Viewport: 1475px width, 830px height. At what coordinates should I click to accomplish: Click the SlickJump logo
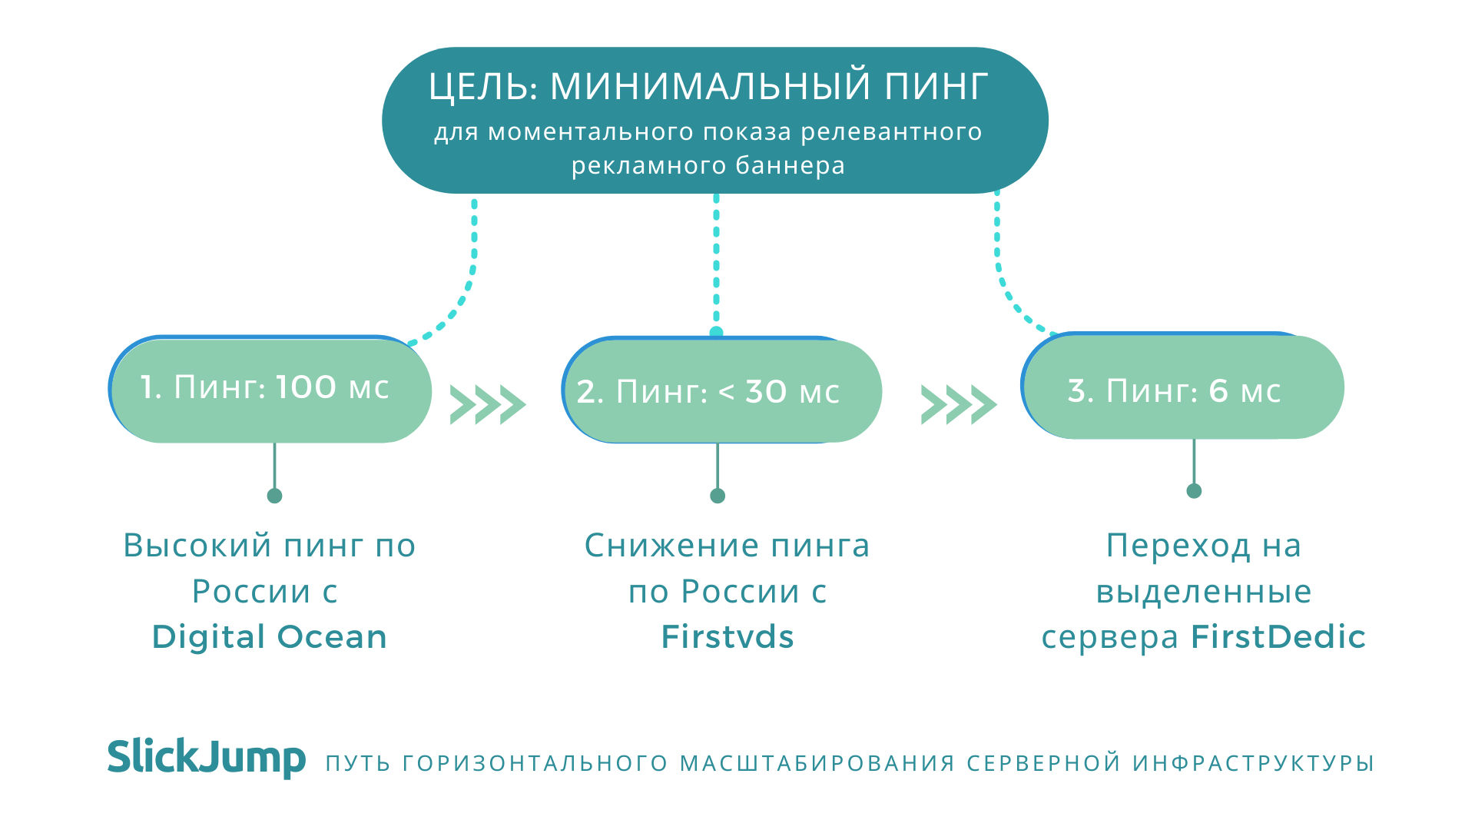coord(207,757)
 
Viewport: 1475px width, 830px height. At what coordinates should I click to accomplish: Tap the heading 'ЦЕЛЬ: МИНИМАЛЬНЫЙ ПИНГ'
coord(708,86)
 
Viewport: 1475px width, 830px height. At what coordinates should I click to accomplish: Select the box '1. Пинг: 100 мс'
coord(270,389)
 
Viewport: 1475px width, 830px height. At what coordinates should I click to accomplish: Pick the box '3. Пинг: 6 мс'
coord(1182,386)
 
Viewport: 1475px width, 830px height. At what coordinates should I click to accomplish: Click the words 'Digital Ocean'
coord(270,637)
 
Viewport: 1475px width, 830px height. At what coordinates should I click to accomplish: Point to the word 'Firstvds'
coord(728,637)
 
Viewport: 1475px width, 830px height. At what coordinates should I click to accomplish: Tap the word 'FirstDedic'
coord(1278,637)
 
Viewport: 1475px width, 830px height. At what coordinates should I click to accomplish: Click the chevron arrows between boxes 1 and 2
coord(488,404)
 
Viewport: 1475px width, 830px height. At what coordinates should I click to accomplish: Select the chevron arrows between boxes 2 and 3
coord(959,404)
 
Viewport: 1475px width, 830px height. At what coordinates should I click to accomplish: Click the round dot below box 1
coord(274,496)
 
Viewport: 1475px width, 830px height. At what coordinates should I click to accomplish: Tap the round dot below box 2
coord(718,496)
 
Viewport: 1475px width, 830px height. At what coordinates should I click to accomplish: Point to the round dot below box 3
coord(1194,491)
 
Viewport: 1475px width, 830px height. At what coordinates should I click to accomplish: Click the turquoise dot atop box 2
coord(716,333)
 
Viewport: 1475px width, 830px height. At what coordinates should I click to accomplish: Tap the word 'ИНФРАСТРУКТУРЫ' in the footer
coord(1253,763)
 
